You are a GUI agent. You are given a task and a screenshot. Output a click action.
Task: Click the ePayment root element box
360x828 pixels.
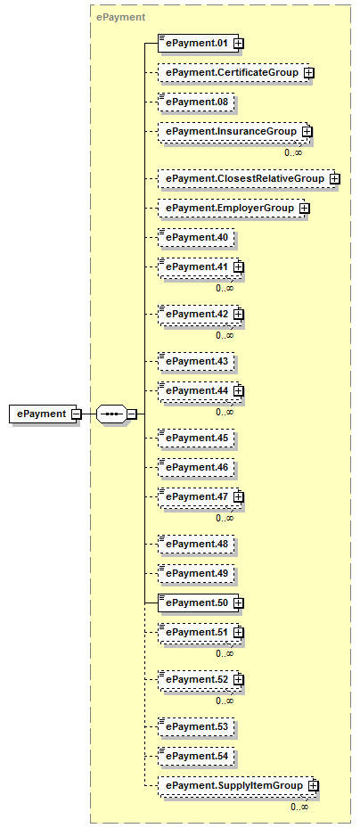coord(45,414)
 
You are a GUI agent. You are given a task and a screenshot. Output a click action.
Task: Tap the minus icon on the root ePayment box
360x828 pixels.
coord(76,414)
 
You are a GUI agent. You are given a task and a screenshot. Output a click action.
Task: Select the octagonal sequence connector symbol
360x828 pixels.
coord(110,414)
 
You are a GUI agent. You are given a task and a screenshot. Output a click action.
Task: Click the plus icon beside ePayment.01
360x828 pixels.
coord(239,44)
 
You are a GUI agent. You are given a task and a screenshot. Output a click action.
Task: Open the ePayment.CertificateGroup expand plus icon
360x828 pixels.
coord(309,73)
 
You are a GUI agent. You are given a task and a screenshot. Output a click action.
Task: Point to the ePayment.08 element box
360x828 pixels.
coord(196,102)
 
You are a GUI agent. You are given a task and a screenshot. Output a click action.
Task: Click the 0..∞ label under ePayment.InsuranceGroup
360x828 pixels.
coord(293,152)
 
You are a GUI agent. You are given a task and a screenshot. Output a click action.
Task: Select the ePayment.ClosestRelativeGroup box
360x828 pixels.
coord(247,179)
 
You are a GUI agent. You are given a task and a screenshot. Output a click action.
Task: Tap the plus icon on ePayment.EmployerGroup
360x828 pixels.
coord(305,209)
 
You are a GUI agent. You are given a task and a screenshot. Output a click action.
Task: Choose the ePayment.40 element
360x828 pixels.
coord(196,238)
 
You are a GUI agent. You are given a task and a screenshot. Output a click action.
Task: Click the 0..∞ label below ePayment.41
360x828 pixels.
coord(225,288)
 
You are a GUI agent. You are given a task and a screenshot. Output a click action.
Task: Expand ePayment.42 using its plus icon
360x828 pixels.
coord(239,315)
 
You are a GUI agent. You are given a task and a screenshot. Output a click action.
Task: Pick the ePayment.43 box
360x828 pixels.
coord(196,361)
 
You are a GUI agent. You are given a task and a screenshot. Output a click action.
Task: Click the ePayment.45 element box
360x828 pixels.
coord(196,438)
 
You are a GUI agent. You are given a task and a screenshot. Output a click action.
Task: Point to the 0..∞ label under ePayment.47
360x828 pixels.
coord(225,518)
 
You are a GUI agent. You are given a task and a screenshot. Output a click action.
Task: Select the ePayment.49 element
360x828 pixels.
coord(196,573)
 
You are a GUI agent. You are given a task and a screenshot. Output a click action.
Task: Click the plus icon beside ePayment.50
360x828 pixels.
coord(239,603)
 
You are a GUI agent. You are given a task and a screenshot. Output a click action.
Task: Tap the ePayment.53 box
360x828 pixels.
coord(196,726)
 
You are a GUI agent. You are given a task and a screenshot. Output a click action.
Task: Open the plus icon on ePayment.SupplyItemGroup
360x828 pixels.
coord(314,786)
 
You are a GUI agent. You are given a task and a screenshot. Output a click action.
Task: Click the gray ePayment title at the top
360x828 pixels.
coord(120,17)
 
